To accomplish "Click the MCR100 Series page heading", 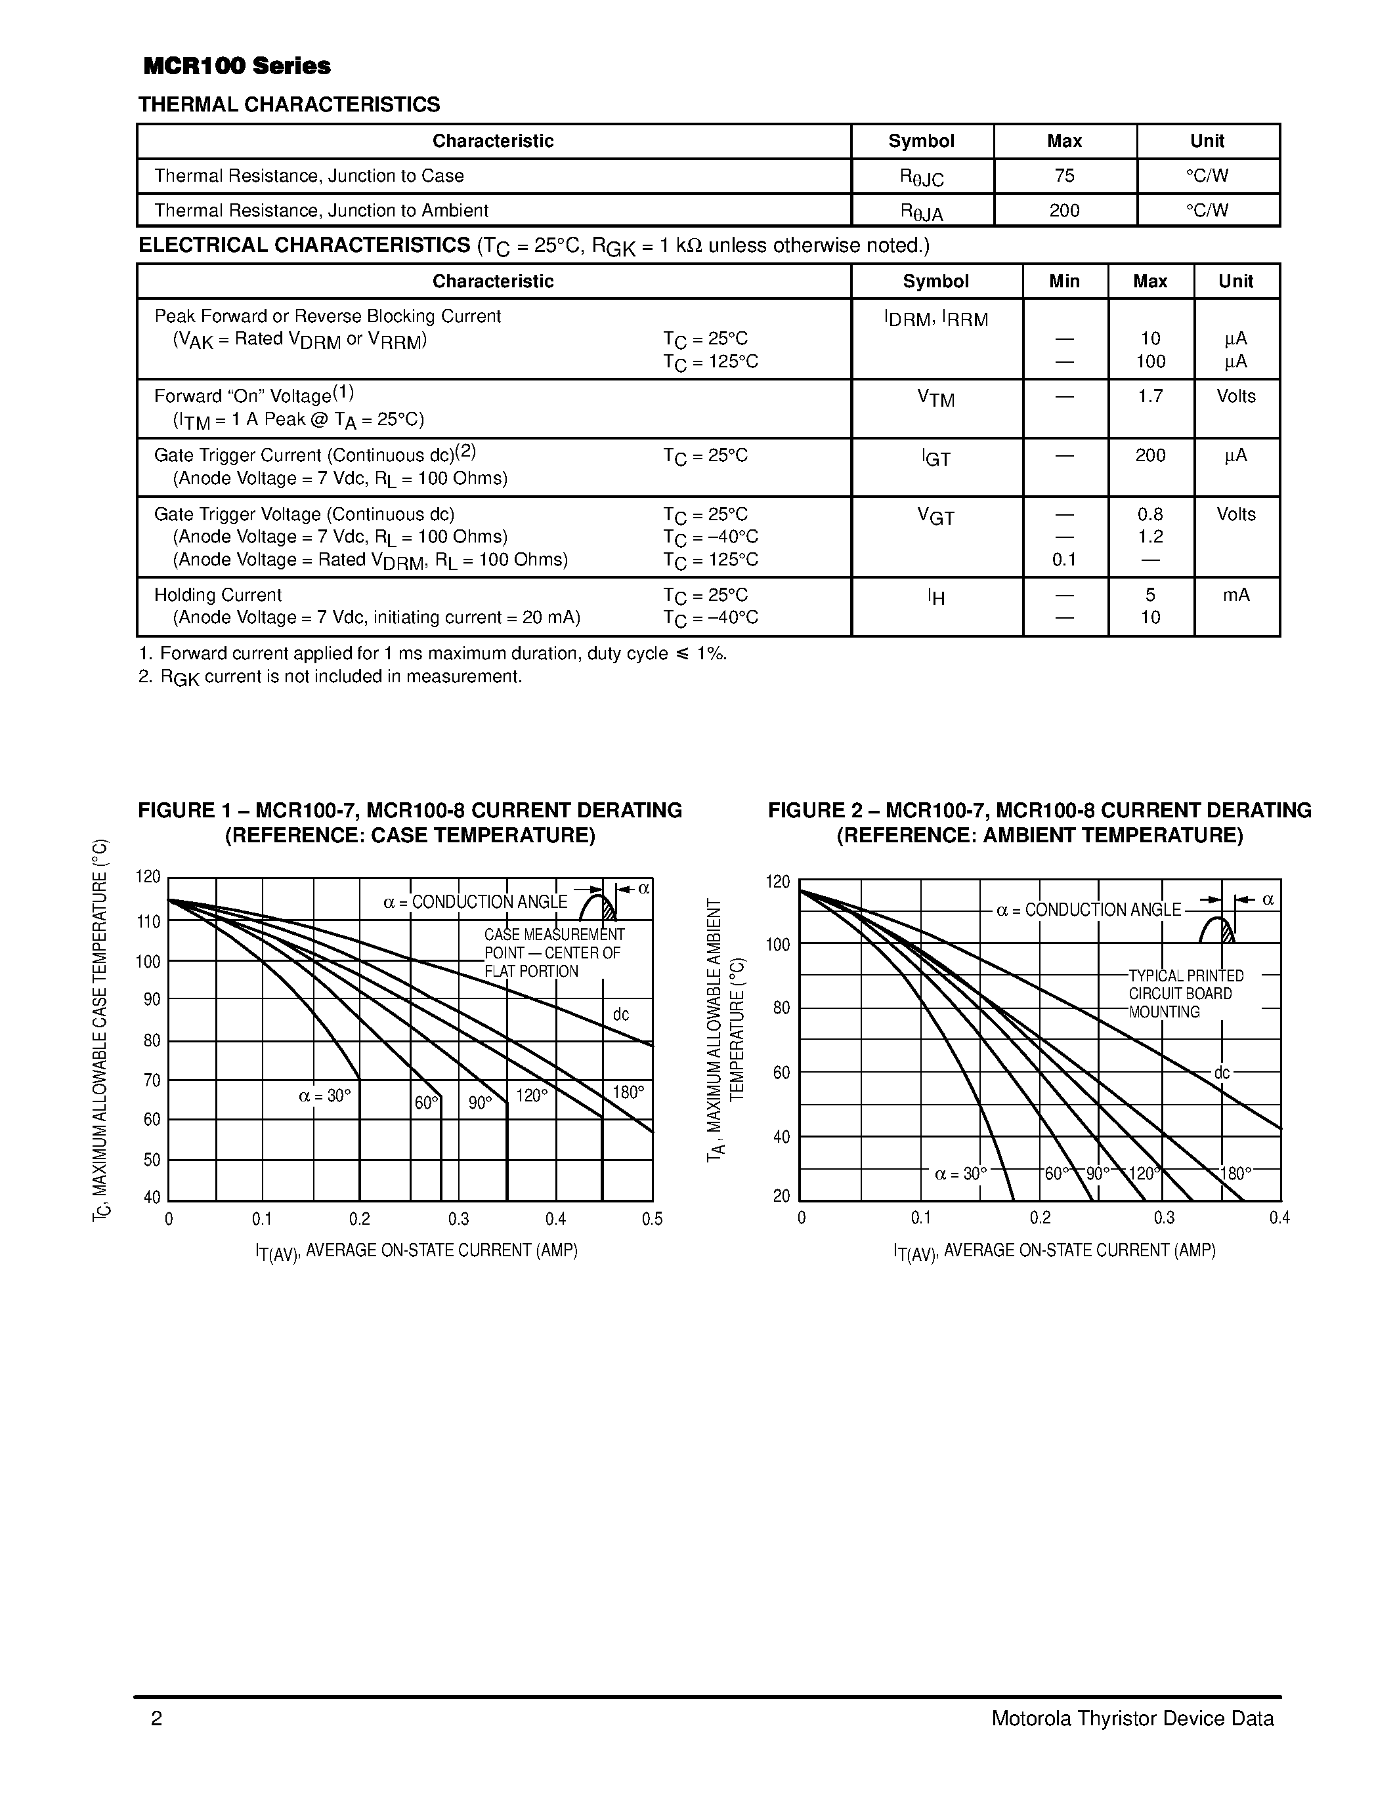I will (x=236, y=66).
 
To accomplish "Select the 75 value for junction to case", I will (x=1064, y=176).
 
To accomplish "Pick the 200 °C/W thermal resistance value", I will (x=1064, y=211).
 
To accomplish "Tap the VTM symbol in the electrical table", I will (x=935, y=399).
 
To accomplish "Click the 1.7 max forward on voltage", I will (x=1149, y=396).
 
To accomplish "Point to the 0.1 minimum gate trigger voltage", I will (x=1064, y=560).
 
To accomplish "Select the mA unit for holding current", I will (x=1235, y=595).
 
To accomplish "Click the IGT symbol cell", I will (x=935, y=459).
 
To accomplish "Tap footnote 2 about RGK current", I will (x=331, y=678).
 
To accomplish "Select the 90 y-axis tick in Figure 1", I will (x=152, y=1000).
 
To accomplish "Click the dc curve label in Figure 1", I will (x=620, y=1014).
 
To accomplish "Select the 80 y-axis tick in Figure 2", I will (x=781, y=1008).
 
